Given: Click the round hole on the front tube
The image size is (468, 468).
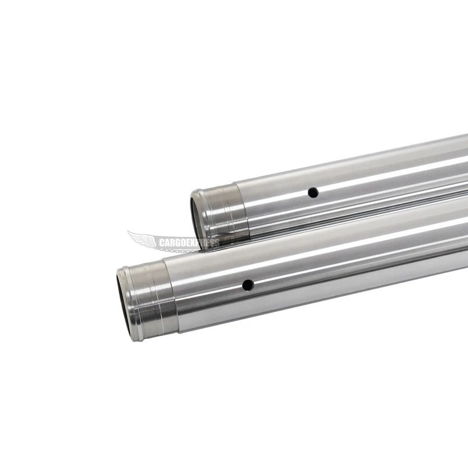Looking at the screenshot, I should (248, 285).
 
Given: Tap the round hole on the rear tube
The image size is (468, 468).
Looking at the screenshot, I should (313, 193).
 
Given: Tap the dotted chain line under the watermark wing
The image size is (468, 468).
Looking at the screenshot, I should (175, 250).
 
